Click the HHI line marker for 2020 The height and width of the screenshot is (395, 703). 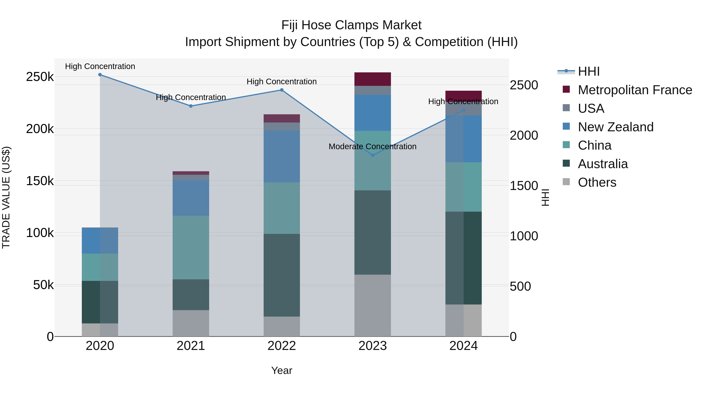(100, 75)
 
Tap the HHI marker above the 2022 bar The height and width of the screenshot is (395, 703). (282, 90)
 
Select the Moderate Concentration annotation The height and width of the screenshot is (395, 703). (373, 147)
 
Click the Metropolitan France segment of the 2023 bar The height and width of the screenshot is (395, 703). (373, 79)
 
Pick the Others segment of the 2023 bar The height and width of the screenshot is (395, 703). (373, 305)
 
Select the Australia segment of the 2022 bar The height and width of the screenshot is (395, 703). (282, 275)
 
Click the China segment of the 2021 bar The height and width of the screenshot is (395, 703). (191, 247)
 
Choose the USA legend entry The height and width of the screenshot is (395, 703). (591, 108)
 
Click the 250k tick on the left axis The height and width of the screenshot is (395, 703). (40, 77)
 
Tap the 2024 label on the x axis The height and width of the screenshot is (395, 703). (463, 346)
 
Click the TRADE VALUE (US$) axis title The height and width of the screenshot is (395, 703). (6, 197)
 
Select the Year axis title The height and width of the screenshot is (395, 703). (282, 370)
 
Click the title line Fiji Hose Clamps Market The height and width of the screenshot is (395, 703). (351, 25)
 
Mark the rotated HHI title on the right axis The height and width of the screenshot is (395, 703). (545, 197)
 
